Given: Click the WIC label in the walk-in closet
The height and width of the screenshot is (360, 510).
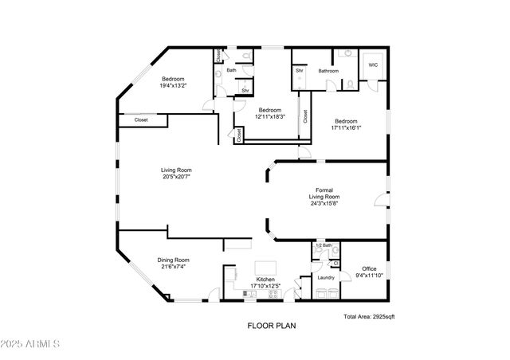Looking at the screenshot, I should (x=372, y=65).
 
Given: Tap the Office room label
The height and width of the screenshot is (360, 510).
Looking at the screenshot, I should (x=369, y=269).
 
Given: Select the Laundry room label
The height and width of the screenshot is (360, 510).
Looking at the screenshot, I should (x=324, y=277).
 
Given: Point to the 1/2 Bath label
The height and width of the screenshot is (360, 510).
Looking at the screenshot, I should (x=323, y=245).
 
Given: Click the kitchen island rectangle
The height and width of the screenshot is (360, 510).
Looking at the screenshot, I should (x=265, y=267).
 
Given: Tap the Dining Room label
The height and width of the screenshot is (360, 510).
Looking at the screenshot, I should (x=174, y=260).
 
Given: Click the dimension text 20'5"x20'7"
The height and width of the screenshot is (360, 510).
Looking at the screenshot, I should (x=176, y=177).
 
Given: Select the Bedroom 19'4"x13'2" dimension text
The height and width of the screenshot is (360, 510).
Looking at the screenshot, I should (x=175, y=86).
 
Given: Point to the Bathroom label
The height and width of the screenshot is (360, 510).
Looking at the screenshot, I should (x=329, y=71).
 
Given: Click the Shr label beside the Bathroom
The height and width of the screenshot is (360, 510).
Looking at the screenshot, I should (x=300, y=71).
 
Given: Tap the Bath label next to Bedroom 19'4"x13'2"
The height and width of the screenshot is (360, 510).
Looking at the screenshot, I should (x=231, y=70).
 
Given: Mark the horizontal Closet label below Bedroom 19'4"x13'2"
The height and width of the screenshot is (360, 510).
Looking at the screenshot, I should (x=141, y=120).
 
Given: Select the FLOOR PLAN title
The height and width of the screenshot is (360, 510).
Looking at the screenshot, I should (x=269, y=325).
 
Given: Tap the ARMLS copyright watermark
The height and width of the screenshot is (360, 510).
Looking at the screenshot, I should (x=32, y=344).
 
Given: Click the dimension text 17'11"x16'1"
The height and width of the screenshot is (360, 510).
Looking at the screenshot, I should (x=346, y=127).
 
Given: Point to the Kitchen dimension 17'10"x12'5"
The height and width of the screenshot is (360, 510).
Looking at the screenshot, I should (x=265, y=286).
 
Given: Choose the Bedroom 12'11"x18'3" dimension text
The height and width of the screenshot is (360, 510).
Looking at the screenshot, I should (x=269, y=116).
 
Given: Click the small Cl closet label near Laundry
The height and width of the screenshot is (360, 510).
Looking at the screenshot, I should (x=335, y=263).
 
